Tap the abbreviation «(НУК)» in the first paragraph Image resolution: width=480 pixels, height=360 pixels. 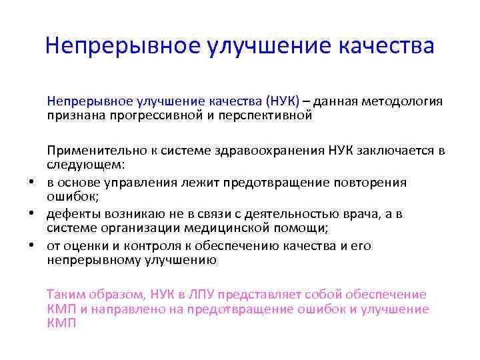coord(282,102)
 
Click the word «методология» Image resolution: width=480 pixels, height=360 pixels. coord(403,102)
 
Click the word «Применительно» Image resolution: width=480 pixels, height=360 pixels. coord(87,151)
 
